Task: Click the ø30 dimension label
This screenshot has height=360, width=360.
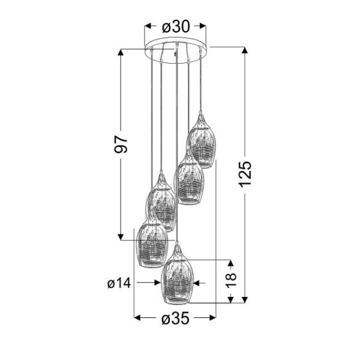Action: (x=176, y=26)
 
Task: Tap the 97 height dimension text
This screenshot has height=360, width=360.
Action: (x=122, y=144)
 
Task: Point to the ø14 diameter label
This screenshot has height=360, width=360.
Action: (x=119, y=282)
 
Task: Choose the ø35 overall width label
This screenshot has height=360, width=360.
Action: (x=175, y=319)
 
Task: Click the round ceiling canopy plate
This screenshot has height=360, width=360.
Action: (x=176, y=50)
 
